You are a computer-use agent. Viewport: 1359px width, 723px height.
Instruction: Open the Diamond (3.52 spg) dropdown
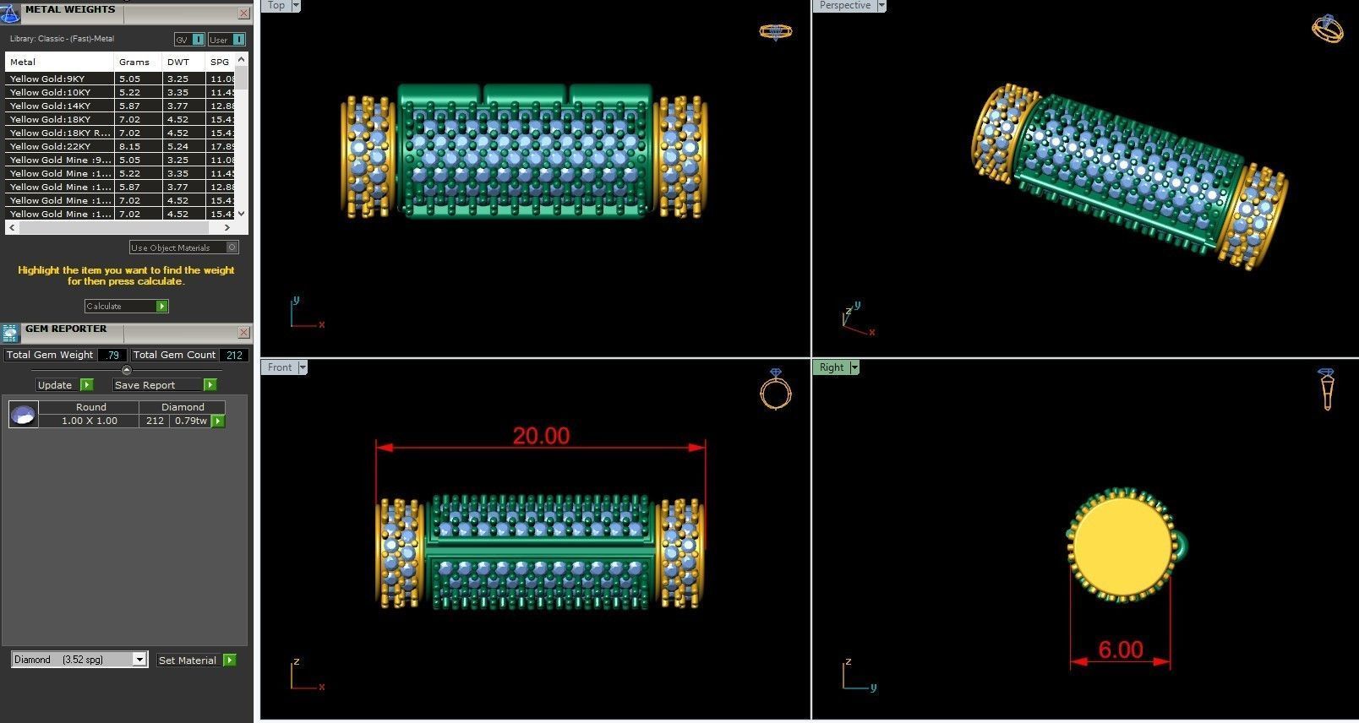[x=139, y=660]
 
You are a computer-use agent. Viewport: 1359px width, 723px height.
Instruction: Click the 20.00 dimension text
[x=541, y=436]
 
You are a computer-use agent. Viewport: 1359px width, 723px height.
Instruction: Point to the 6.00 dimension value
[x=1121, y=650]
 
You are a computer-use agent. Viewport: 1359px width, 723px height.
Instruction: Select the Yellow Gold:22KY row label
[x=50, y=146]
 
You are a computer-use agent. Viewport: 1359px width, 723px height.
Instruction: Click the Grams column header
[x=134, y=62]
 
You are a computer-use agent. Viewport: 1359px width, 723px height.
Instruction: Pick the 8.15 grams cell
[x=129, y=146]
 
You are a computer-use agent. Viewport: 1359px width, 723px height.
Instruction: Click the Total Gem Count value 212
[x=234, y=355]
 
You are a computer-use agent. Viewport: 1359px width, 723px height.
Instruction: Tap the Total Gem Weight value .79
[x=112, y=355]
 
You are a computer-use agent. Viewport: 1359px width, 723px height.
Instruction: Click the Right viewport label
[x=831, y=367]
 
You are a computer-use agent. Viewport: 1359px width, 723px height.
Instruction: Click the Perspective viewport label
[x=844, y=5]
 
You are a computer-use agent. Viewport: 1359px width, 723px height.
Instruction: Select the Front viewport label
[x=279, y=367]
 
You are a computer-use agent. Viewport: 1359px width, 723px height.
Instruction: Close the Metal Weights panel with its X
[x=243, y=13]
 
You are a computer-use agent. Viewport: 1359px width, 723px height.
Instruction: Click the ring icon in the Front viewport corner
[x=775, y=389]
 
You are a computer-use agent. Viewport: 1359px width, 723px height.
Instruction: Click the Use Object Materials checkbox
[x=232, y=247]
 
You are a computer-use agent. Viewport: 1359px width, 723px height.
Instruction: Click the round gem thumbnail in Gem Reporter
[x=24, y=414]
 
